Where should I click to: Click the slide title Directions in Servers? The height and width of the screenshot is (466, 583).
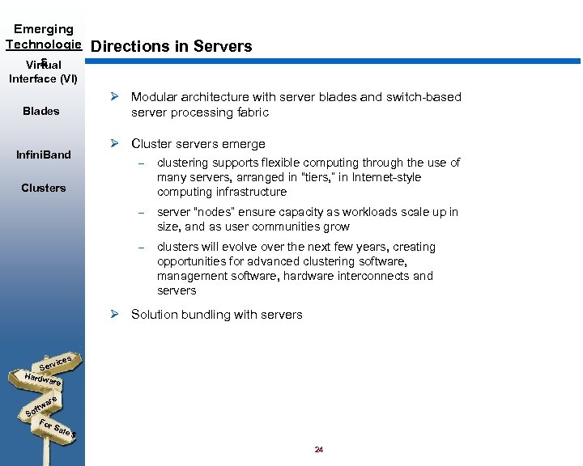tap(172, 47)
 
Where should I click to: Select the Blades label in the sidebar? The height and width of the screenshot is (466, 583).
tap(41, 112)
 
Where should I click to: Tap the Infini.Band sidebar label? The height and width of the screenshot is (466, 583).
tap(44, 155)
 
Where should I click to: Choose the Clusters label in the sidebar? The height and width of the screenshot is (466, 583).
tap(44, 189)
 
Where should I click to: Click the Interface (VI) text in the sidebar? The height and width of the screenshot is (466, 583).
tap(43, 78)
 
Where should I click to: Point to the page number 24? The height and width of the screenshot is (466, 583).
tap(318, 450)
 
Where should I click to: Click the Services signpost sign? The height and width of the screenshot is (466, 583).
tap(57, 364)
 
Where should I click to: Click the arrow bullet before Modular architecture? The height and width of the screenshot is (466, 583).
tap(116, 97)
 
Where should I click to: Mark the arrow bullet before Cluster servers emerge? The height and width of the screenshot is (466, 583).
tap(116, 144)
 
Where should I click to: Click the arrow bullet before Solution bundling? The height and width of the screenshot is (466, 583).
tap(116, 315)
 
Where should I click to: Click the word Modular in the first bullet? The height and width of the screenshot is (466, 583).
tap(155, 97)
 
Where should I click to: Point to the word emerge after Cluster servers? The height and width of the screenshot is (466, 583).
tap(245, 144)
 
